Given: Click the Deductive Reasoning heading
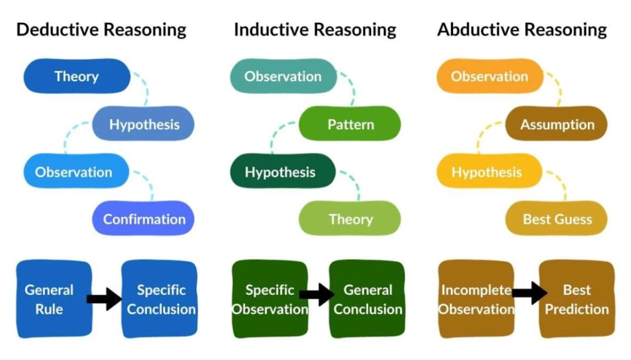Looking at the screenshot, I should [x=101, y=30].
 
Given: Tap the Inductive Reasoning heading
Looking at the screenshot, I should [x=315, y=30].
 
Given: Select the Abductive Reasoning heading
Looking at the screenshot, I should [x=522, y=30].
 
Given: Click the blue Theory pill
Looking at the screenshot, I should [x=77, y=76].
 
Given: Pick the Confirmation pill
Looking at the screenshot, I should [x=144, y=219].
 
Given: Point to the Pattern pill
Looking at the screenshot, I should [x=350, y=124].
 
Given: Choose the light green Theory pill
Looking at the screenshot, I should [x=350, y=219].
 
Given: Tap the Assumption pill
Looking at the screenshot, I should [x=556, y=124].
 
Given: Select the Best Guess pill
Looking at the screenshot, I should [x=556, y=219].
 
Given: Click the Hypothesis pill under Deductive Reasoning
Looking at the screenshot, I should [x=144, y=124].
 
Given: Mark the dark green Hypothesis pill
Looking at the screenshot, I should [x=281, y=172].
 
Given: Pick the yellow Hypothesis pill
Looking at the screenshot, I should [x=487, y=172].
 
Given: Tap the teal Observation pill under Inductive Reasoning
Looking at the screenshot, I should [x=283, y=76].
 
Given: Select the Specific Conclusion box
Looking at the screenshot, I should [x=160, y=299].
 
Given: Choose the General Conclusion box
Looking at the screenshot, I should [x=367, y=299].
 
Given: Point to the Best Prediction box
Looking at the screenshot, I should [x=577, y=299].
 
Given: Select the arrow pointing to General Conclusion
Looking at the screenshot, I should [x=317, y=294].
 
